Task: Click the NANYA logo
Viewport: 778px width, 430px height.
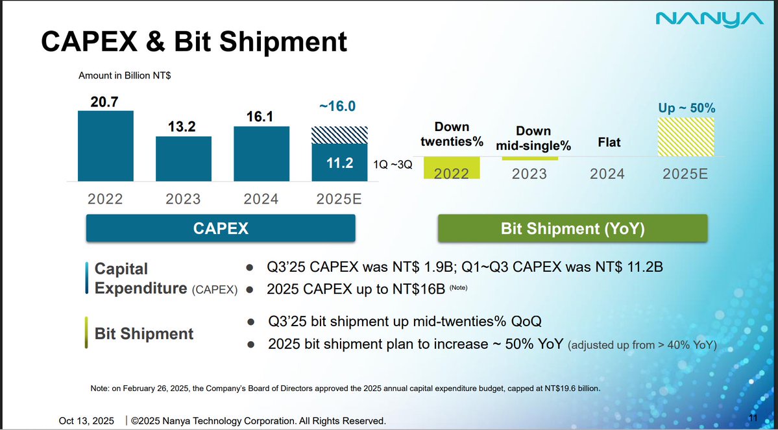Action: click(709, 19)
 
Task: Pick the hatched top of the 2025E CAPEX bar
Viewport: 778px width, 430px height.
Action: click(338, 135)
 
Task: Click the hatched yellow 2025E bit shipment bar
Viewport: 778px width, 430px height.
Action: click(686, 137)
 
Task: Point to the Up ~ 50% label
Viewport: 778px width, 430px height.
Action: click(687, 107)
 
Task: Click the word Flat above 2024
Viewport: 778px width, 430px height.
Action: click(608, 142)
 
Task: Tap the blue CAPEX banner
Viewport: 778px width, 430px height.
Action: click(221, 228)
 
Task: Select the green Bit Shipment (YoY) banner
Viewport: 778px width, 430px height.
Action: click(572, 228)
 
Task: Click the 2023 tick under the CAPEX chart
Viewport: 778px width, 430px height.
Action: click(183, 199)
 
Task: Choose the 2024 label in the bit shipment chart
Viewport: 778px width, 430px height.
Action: click(608, 174)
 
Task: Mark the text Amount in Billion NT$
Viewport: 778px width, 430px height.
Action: click(125, 75)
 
